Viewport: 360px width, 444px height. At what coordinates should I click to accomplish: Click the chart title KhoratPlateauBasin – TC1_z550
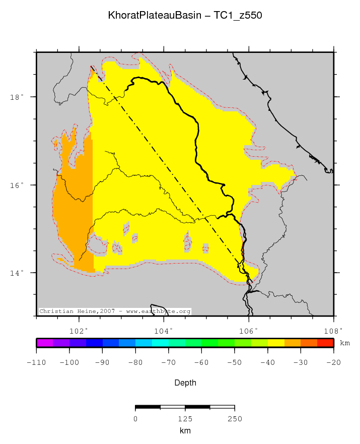click(x=185, y=16)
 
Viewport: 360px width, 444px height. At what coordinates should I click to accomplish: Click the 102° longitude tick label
click(x=79, y=331)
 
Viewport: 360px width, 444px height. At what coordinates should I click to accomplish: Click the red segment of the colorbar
click(x=325, y=343)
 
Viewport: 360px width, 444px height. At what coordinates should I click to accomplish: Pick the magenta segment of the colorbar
click(x=45, y=343)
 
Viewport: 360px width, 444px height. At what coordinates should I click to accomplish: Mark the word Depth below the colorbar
click(x=185, y=383)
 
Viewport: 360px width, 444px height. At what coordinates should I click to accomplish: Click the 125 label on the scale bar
click(x=185, y=419)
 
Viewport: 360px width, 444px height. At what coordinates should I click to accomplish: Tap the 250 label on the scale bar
click(x=235, y=419)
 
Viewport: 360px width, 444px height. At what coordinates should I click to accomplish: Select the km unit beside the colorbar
click(x=345, y=343)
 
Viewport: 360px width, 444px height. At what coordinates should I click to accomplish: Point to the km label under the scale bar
click(x=185, y=431)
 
